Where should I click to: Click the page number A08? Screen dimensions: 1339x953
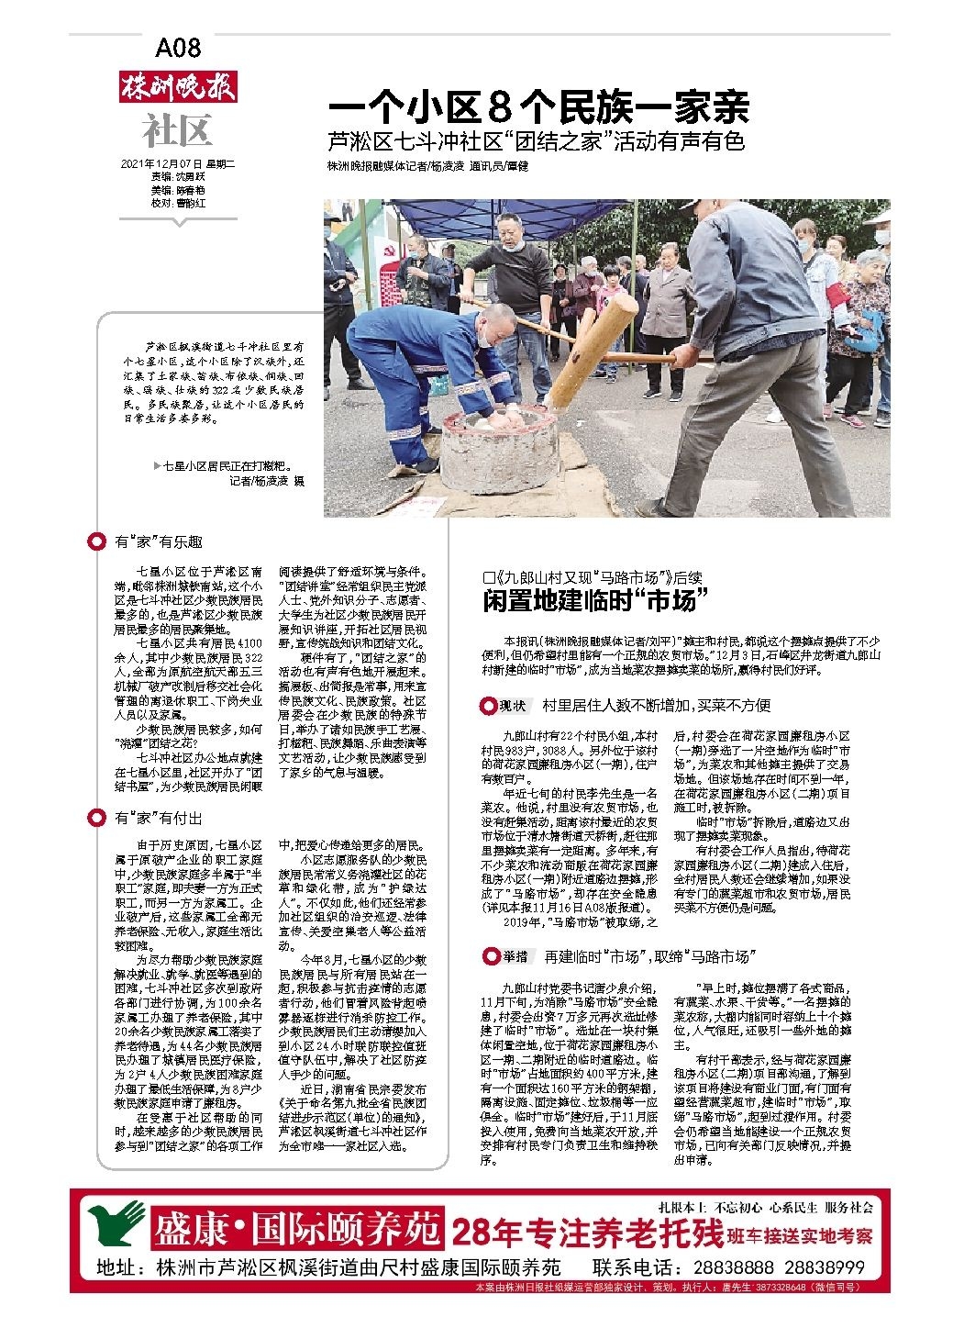[x=178, y=48]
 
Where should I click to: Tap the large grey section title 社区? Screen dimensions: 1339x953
[x=177, y=131]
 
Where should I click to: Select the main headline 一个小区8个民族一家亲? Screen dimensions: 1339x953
[x=539, y=108]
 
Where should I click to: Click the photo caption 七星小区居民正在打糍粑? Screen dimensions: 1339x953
[x=216, y=467]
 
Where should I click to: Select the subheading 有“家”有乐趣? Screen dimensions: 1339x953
[x=158, y=542]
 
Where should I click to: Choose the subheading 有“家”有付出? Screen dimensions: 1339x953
[x=158, y=818]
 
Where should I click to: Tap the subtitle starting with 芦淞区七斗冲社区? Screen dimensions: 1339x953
[x=536, y=142]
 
